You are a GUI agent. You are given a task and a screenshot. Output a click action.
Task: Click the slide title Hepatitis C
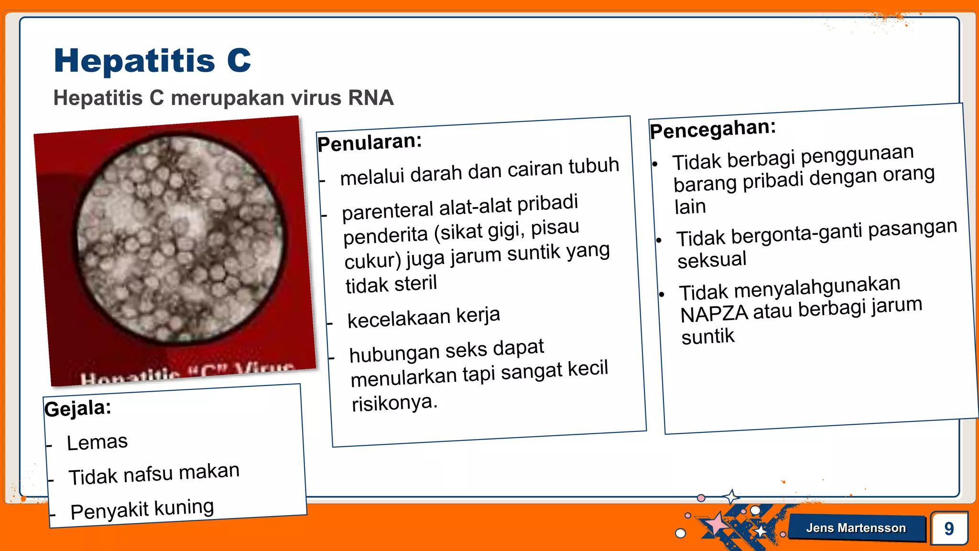pos(152,61)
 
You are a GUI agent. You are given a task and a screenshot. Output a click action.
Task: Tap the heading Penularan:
pos(370,142)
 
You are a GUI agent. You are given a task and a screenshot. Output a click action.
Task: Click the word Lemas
pos(97,442)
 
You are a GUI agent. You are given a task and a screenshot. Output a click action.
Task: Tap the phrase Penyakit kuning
pos(142,509)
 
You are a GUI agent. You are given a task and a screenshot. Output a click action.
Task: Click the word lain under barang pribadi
pos(690,207)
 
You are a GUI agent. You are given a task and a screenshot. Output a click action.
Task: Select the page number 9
pos(949,529)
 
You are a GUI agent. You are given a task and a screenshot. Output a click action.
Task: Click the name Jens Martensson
pos(856,528)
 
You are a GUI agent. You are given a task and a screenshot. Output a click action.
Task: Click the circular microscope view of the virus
pos(180,239)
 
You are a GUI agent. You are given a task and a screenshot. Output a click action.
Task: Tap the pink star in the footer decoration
pos(716,524)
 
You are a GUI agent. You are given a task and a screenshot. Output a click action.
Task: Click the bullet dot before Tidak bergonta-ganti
pos(659,240)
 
